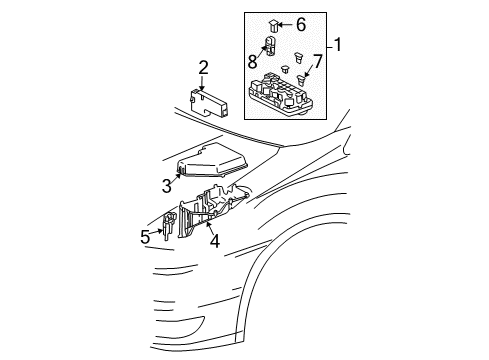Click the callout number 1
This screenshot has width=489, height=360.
coord(337,44)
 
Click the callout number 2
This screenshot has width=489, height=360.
coord(203,68)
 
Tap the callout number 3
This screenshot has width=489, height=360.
coord(167,184)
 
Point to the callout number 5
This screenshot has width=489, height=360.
coord(145,237)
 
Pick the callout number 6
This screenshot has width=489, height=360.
coord(300,24)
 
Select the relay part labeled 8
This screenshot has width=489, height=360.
coord(270,45)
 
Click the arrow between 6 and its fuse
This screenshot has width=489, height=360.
coord(287,24)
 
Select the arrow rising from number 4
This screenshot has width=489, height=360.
coord(209,222)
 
